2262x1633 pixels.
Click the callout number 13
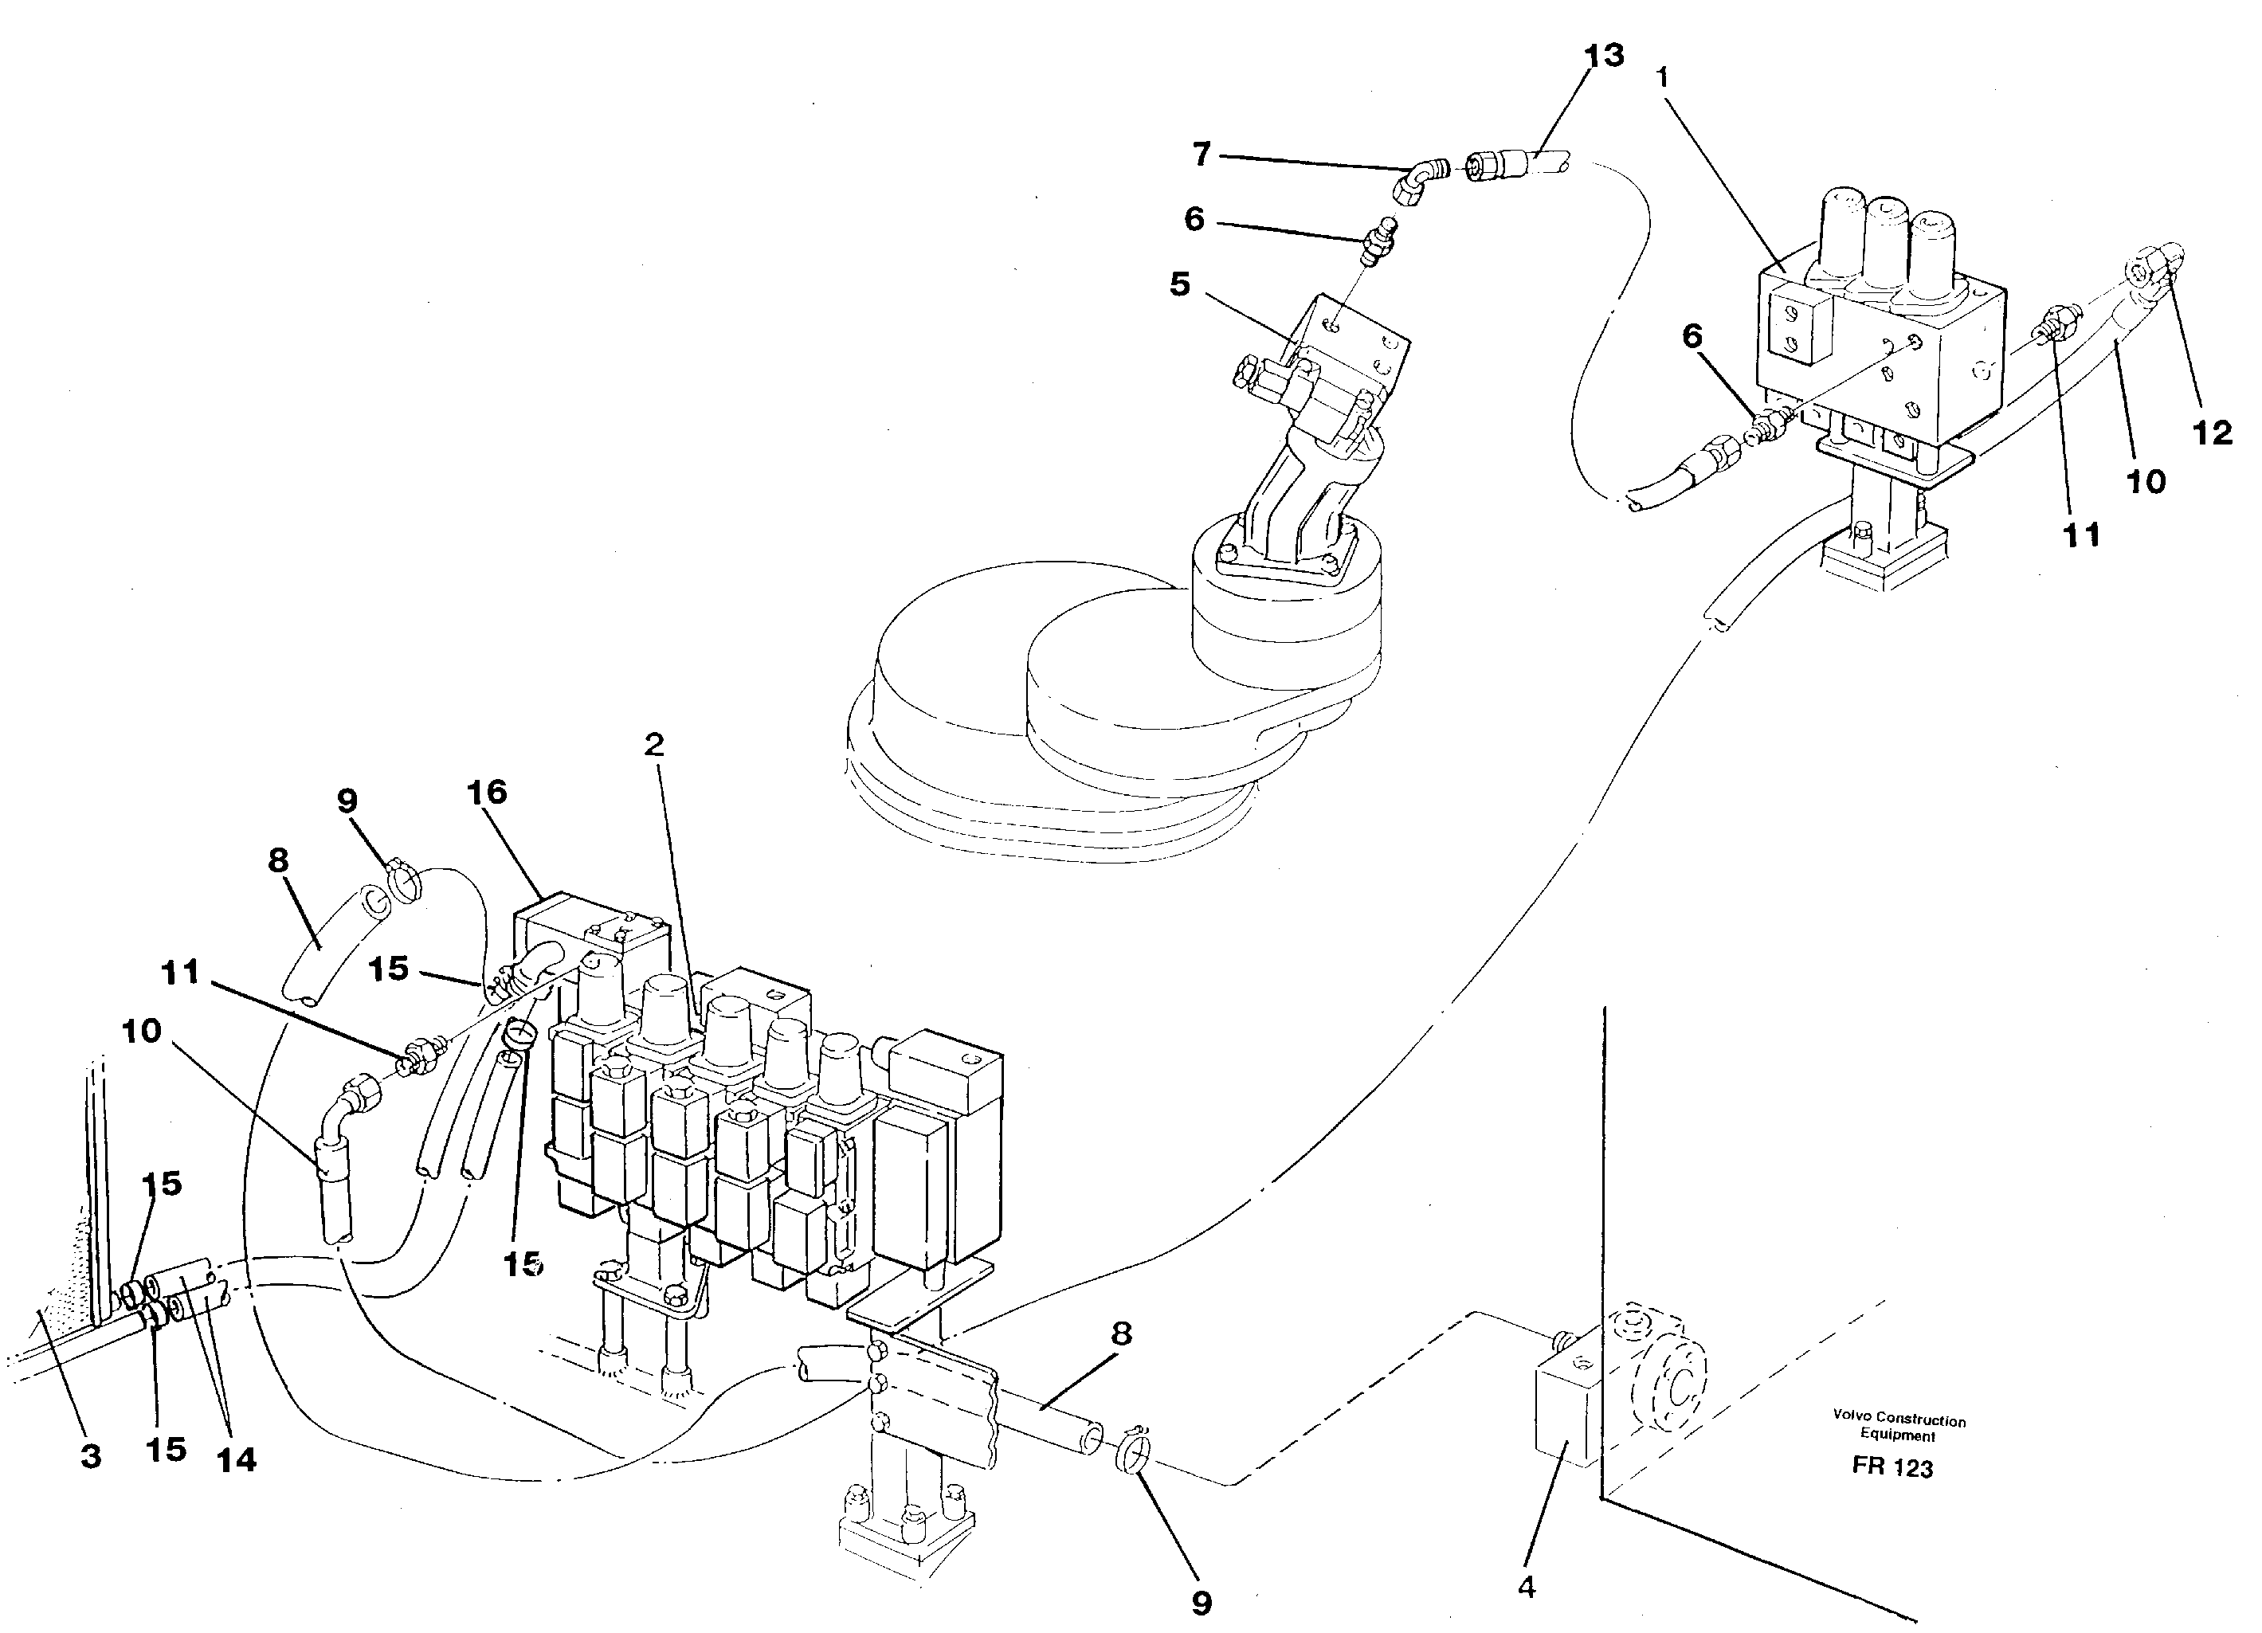click(1604, 56)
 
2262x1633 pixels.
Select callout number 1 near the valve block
click(1663, 76)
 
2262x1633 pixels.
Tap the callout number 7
click(1202, 155)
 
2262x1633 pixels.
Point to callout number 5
click(1180, 285)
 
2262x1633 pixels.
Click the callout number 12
click(2211, 433)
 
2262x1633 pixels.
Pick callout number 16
click(487, 793)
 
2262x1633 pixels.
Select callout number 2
click(654, 745)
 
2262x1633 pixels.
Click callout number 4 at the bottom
click(1526, 1587)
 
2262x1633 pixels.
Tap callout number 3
click(91, 1456)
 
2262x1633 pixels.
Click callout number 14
click(237, 1460)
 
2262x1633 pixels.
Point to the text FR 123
click(1892, 1468)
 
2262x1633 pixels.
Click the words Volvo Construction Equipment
click(1898, 1427)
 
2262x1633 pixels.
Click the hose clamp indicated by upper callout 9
click(403, 880)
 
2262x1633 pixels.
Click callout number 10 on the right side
click(2146, 483)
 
